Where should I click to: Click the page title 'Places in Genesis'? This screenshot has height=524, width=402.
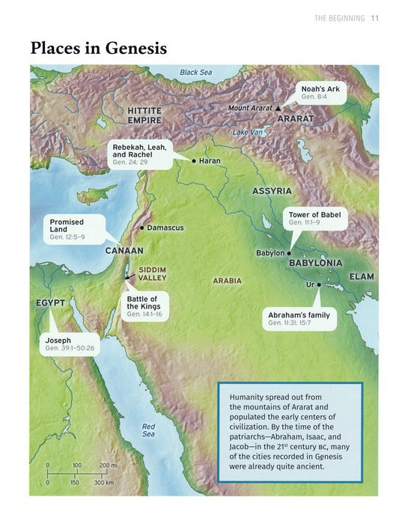(x=98, y=49)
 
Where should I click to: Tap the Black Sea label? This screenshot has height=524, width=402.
(x=196, y=73)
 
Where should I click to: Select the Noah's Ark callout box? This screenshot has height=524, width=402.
(x=321, y=92)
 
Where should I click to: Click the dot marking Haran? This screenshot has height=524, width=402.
(x=194, y=161)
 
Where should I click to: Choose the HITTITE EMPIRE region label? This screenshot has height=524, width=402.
(x=144, y=115)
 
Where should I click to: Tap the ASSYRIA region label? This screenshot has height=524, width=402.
(x=271, y=192)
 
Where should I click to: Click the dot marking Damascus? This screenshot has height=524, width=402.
(x=141, y=227)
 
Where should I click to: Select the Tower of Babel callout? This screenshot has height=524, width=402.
(x=314, y=219)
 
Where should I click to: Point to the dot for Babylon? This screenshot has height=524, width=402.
(x=289, y=253)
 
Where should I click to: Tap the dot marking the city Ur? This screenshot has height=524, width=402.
(x=319, y=284)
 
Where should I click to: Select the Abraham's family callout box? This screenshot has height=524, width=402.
(x=299, y=319)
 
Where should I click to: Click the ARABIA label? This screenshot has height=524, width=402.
(x=228, y=281)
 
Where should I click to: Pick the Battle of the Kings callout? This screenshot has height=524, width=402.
(x=142, y=306)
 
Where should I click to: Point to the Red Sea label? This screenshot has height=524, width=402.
(x=148, y=430)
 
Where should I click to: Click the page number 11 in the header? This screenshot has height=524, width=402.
(x=375, y=19)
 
